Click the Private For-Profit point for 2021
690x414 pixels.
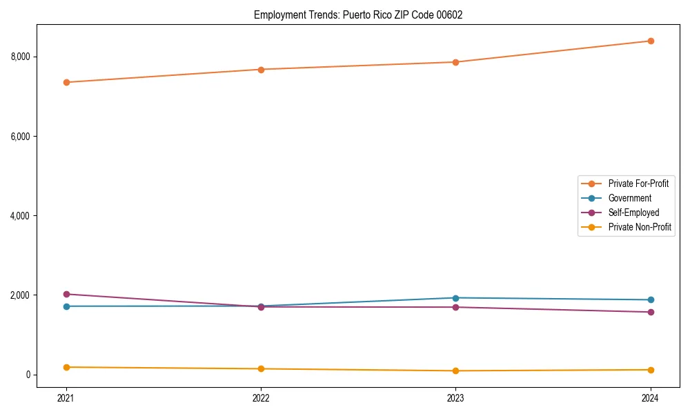point(66,82)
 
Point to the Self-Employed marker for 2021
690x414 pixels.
point(66,294)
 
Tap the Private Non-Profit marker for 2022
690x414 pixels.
point(261,368)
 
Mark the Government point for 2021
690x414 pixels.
point(66,306)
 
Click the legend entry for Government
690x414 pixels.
point(629,198)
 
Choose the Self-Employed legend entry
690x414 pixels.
point(633,213)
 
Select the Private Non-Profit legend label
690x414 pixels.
point(640,227)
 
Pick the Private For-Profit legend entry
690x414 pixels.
point(638,184)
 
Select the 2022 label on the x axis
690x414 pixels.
point(261,397)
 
